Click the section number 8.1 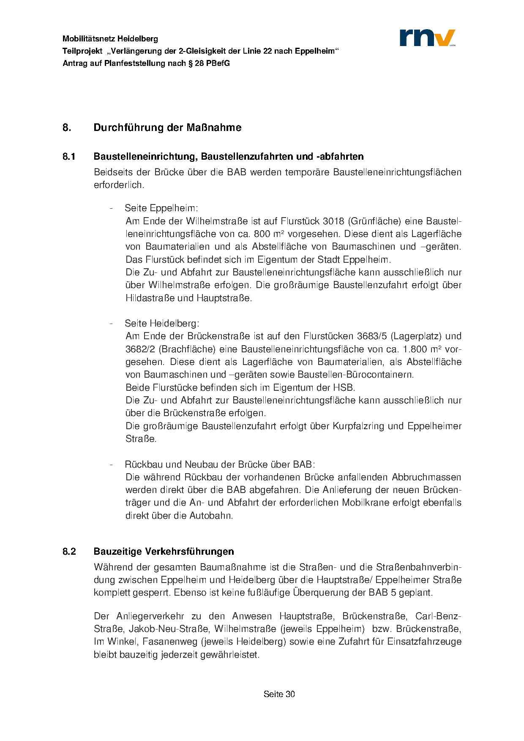click(69, 157)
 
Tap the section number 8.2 click(69, 551)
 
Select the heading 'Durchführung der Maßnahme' click(167, 128)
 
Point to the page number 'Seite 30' click(279, 694)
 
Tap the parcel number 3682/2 click(140, 349)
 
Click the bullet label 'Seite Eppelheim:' click(161, 208)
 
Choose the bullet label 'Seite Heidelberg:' click(162, 324)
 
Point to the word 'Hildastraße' click(150, 298)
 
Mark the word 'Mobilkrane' click(365, 503)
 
